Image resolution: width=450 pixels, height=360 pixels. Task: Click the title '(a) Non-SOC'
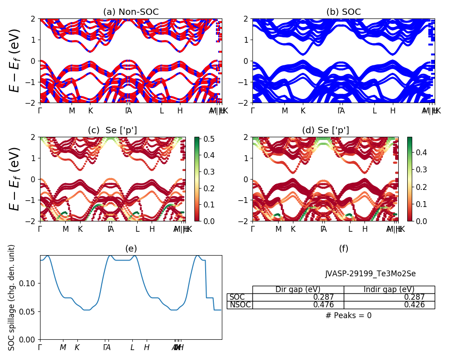pyautogui.click(x=130, y=12)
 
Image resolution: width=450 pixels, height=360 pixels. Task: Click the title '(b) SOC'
pyautogui.click(x=343, y=12)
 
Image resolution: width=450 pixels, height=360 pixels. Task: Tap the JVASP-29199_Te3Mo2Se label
pyautogui.click(x=370, y=274)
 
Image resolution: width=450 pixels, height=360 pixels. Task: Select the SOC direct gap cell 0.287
pyautogui.click(x=324, y=297)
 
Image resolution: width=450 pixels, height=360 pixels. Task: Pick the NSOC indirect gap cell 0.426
pyautogui.click(x=415, y=305)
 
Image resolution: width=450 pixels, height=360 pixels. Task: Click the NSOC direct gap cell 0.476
pyautogui.click(x=324, y=305)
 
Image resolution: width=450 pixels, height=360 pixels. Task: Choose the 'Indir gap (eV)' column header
pyautogui.click(x=389, y=289)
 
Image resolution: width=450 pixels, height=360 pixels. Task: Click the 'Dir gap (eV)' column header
pyautogui.click(x=298, y=289)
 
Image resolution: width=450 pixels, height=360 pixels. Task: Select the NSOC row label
pyautogui.click(x=240, y=305)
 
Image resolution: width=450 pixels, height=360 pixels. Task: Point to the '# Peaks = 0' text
pyautogui.click(x=348, y=315)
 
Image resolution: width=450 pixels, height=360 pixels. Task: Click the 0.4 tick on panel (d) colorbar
pyautogui.click(x=421, y=153)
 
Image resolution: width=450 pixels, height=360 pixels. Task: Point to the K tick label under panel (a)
pyautogui.click(x=90, y=111)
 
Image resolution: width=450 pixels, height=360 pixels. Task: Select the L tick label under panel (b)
pyautogui.click(x=374, y=111)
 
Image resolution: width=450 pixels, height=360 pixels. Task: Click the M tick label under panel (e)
pyautogui.click(x=63, y=347)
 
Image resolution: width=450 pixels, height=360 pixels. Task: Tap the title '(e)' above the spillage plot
pyautogui.click(x=130, y=248)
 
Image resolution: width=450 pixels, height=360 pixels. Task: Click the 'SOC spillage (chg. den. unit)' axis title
pyautogui.click(x=12, y=297)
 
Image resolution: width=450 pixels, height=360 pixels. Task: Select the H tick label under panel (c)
pyautogui.click(x=152, y=229)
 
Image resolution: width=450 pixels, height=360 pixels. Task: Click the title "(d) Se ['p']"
pyautogui.click(x=325, y=130)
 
